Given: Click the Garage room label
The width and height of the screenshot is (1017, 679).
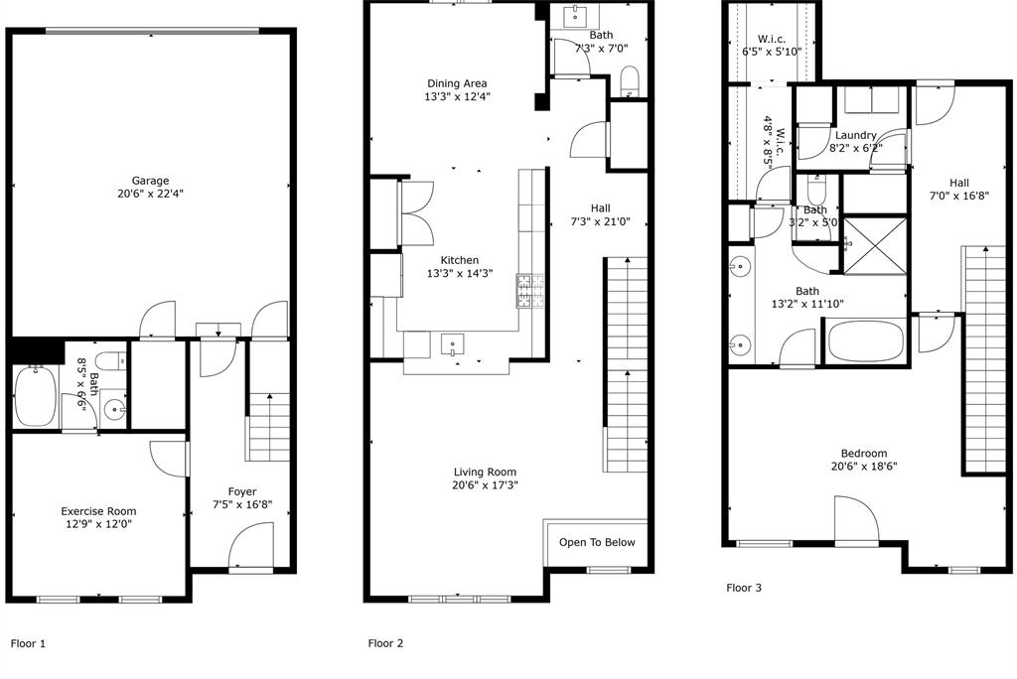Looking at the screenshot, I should coord(150,181).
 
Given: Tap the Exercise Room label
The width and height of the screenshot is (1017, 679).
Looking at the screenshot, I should coord(98,511).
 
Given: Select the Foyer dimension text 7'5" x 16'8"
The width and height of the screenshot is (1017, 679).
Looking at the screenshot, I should coord(242,505).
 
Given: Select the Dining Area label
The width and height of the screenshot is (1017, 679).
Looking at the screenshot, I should coord(457,83).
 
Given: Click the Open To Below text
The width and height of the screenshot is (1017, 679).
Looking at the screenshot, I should coord(597,543).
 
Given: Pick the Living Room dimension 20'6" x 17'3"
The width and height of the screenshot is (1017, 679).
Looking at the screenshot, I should coord(486,485).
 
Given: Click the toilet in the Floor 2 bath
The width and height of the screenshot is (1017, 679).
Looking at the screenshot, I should coord(629,80).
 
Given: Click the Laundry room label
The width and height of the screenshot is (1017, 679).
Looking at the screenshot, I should coord(855,135).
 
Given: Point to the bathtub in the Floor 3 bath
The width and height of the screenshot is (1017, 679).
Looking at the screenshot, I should coord(865,342).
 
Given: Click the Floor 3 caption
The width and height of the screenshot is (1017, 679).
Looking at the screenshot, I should coord(744,588).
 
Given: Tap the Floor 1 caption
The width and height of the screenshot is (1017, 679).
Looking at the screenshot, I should coord(28,643).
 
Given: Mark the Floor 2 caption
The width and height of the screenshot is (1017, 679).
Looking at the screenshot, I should coord(385,643).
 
